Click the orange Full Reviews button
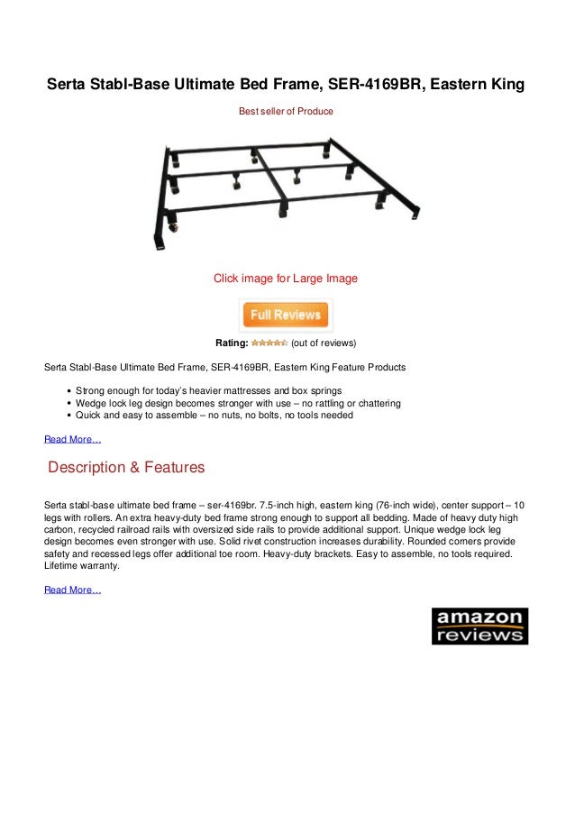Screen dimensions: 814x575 click(x=286, y=316)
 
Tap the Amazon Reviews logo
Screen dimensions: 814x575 click(x=479, y=626)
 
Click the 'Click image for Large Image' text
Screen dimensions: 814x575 click(x=285, y=279)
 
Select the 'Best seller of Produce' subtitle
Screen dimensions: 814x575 click(x=285, y=111)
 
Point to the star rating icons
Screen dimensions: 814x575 click(x=269, y=343)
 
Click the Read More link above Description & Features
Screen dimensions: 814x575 click(x=73, y=440)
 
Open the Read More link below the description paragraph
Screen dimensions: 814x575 click(x=73, y=590)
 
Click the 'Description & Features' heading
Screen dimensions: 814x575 click(x=126, y=468)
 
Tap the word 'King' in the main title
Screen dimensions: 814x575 click(x=504, y=86)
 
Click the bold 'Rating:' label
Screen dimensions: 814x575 click(x=232, y=343)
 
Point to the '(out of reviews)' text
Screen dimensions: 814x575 click(x=324, y=343)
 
